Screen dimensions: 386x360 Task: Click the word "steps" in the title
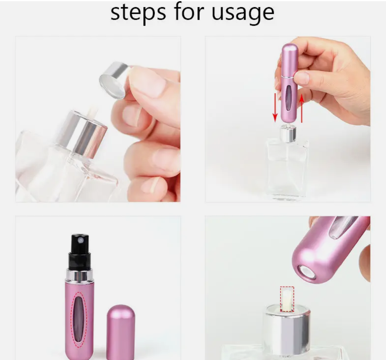coord(138,13)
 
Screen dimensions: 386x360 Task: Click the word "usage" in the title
coord(243,13)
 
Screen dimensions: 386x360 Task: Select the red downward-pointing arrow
coord(275,108)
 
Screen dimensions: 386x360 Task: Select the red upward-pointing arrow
coord(302,108)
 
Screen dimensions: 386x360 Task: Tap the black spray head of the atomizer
coord(80,253)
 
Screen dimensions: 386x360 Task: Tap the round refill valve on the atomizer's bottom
coord(306,272)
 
